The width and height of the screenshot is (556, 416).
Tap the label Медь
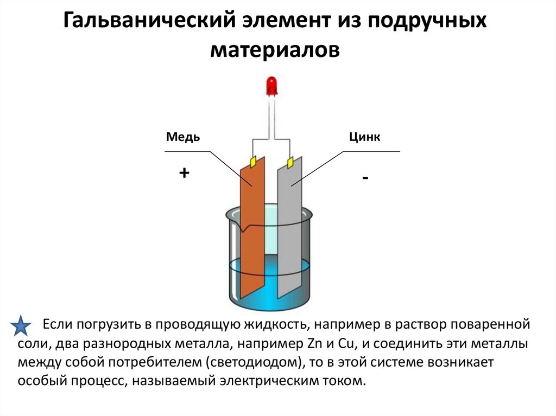coord(182,137)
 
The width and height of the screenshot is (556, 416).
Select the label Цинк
coord(364,137)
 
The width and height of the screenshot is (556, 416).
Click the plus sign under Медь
coord(184,173)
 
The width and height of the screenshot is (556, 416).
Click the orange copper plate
coord(252,228)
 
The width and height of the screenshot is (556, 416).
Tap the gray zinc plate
coord(289,228)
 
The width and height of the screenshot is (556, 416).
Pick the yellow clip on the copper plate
coord(252,161)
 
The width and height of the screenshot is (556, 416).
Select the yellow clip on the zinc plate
coord(290,162)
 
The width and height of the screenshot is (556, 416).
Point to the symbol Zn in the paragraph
coord(300,344)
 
